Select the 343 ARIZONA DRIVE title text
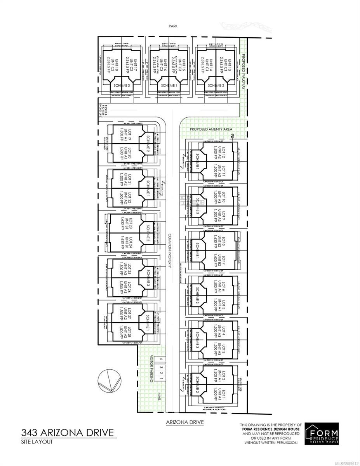[68, 432]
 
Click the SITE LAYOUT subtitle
[38, 442]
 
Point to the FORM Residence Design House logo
[322, 434]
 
